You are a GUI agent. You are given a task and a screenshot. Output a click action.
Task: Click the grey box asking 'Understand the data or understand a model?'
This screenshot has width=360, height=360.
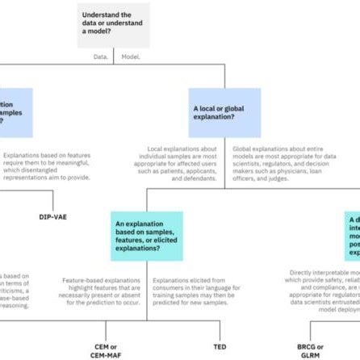113,24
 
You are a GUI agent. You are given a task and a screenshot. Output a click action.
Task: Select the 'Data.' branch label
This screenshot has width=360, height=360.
101,57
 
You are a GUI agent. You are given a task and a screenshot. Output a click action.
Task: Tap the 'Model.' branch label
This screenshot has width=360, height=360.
130,57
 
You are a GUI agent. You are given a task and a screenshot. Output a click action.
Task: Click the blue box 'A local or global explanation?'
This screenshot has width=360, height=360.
224,112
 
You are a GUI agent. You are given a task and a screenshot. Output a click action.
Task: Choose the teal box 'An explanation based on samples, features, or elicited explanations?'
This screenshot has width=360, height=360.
146,236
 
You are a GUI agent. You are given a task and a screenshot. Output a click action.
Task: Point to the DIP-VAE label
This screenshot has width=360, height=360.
53,217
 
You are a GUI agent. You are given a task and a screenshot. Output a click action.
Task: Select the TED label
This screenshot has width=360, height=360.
220,346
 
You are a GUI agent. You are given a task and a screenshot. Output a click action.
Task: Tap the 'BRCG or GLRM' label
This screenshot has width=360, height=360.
310,350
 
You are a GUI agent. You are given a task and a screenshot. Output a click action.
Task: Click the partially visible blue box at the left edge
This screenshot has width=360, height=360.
15,112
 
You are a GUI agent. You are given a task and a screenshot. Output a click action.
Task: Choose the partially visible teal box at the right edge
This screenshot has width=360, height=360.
352,236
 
